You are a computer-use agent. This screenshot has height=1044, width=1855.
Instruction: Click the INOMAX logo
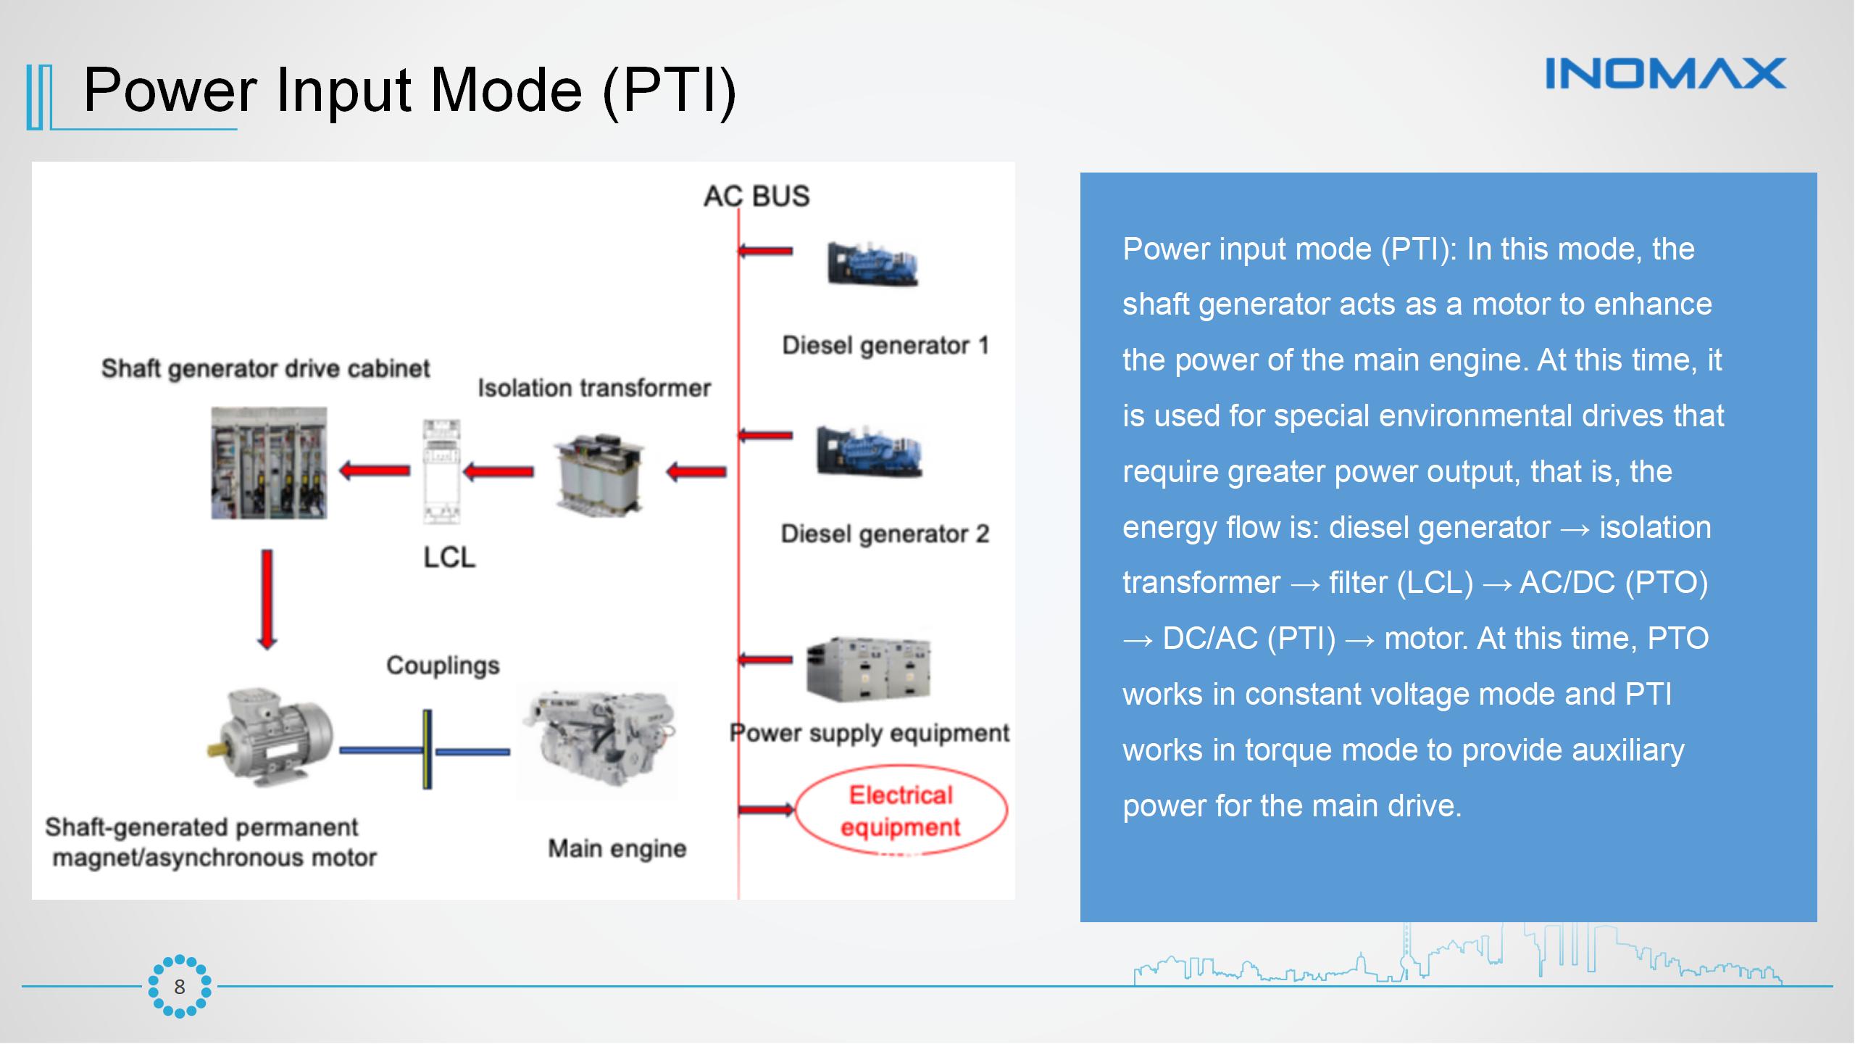1665,74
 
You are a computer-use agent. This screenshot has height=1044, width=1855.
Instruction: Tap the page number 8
180,987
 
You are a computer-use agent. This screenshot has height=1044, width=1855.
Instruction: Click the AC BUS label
756,196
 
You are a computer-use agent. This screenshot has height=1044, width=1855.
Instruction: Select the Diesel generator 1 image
872,264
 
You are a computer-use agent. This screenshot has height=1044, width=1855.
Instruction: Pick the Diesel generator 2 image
869,452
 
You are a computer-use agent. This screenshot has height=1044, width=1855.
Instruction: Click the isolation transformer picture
599,473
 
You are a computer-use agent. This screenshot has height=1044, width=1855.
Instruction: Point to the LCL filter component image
441,471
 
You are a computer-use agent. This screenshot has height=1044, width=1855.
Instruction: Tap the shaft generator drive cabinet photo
269,463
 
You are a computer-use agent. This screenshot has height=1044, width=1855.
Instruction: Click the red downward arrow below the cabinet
267,599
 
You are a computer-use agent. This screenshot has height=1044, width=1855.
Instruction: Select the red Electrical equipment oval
901,811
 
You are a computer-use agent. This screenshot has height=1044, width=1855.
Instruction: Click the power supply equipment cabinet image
868,668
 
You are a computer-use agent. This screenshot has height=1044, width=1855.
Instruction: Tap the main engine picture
597,741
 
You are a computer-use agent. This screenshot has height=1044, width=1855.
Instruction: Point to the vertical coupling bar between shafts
428,749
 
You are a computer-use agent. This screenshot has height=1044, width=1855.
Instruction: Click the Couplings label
443,666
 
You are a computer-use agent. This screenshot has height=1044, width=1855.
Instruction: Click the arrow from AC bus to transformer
696,473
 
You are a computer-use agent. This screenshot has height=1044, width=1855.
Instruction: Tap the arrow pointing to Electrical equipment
767,809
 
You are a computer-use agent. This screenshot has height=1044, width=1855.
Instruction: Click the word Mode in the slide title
506,91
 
